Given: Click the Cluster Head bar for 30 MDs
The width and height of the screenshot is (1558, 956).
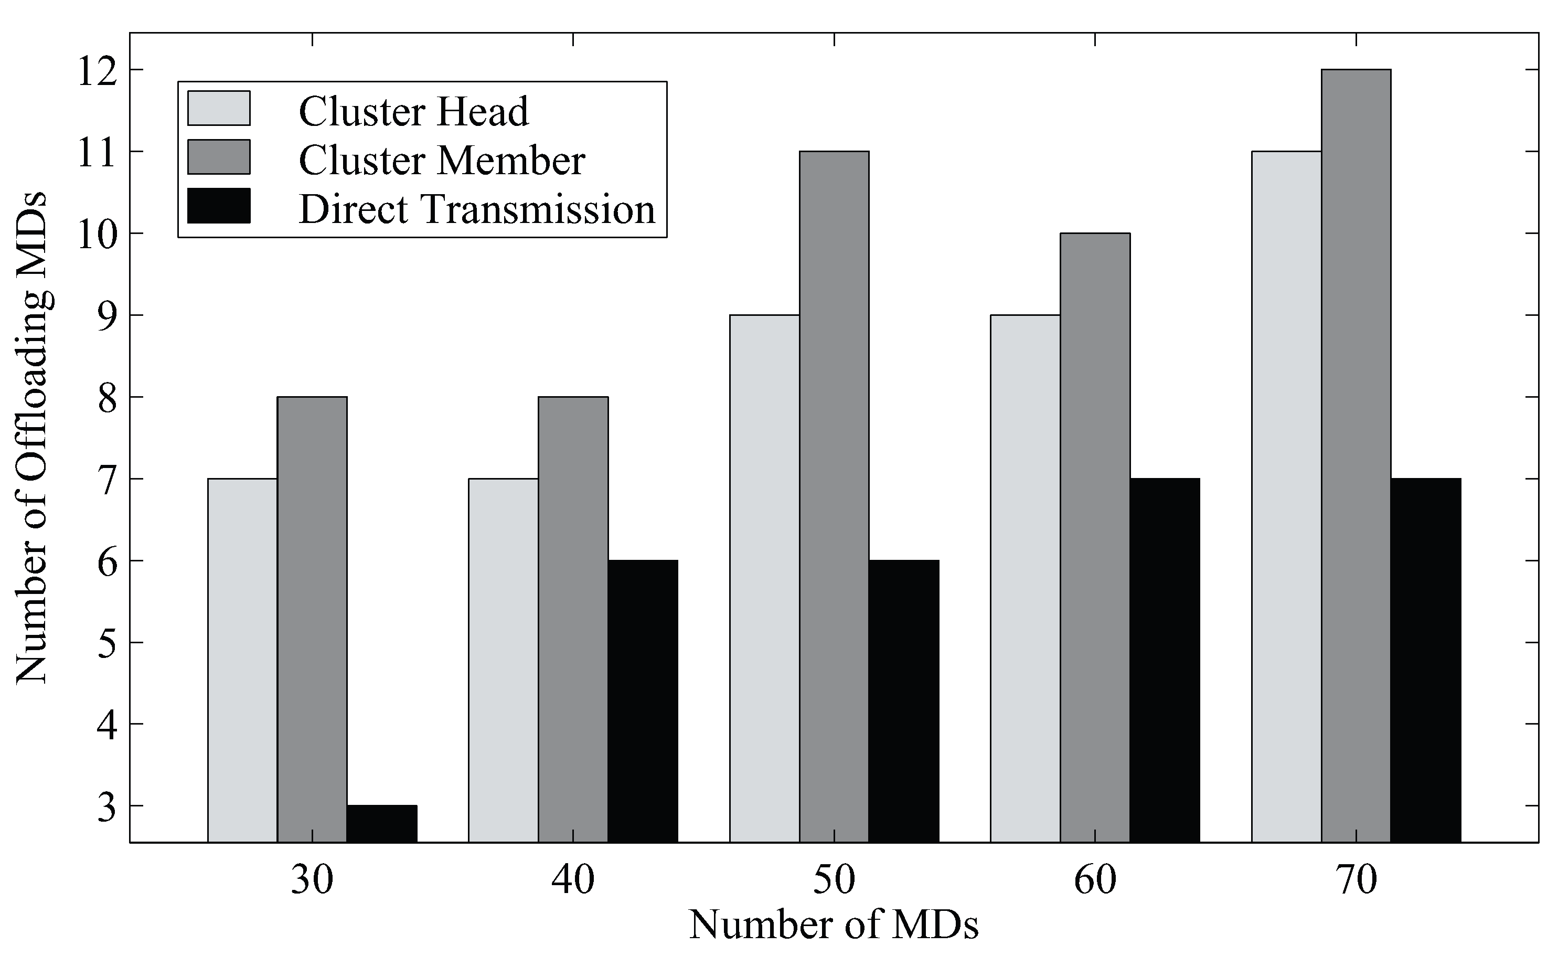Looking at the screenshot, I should pyautogui.click(x=242, y=660).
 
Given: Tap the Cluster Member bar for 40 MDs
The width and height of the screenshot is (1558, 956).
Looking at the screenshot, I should pyautogui.click(x=573, y=620).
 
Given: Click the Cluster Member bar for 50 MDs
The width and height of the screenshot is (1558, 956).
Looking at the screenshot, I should pyautogui.click(x=834, y=497).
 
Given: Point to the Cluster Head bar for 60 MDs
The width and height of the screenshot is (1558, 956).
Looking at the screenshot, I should pyautogui.click(x=1025, y=579).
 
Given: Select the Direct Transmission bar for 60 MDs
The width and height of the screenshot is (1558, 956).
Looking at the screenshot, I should pyautogui.click(x=1165, y=660).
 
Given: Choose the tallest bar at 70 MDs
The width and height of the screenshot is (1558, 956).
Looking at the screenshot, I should pyautogui.click(x=1356, y=456).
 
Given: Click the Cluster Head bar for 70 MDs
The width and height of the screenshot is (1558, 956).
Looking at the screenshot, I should pyautogui.click(x=1286, y=497).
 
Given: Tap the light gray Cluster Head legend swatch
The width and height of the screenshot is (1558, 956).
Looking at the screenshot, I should pyautogui.click(x=219, y=108).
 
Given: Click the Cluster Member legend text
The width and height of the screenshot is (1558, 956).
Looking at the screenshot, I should pyautogui.click(x=441, y=160).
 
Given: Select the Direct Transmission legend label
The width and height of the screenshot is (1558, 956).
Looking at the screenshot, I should pyautogui.click(x=477, y=209).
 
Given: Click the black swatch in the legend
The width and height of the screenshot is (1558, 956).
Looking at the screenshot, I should pyautogui.click(x=219, y=206).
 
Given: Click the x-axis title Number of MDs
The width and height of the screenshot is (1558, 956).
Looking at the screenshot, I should pyautogui.click(x=834, y=925).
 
